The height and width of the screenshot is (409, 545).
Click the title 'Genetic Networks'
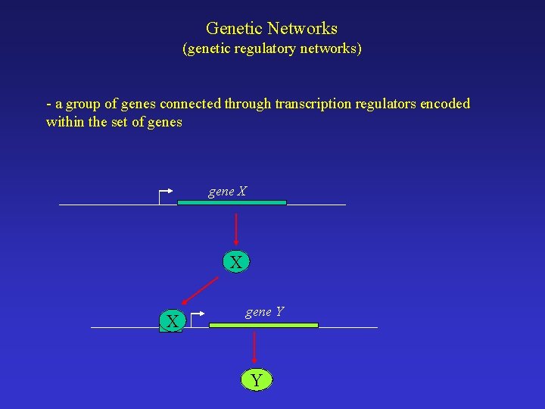click(x=272, y=29)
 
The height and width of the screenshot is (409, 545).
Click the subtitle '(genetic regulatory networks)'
click(x=272, y=49)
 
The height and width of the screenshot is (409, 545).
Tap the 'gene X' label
click(x=227, y=192)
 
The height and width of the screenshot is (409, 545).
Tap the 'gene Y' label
click(x=264, y=311)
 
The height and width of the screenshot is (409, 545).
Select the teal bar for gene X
click(x=232, y=203)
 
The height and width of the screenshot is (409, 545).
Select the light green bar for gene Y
click(x=263, y=325)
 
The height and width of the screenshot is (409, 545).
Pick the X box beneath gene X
click(x=236, y=263)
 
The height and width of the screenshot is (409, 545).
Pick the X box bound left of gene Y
click(x=173, y=322)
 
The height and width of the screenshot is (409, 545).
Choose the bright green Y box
click(x=256, y=380)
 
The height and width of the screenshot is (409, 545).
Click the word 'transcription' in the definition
click(x=312, y=104)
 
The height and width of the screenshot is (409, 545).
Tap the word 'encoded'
click(x=446, y=104)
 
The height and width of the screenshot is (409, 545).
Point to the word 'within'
click(x=65, y=122)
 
